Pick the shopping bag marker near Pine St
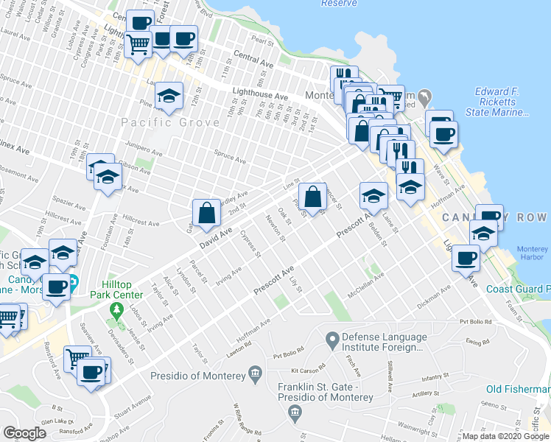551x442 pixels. [313, 196]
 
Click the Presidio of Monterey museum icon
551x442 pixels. [255, 375]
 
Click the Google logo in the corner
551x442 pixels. [24, 433]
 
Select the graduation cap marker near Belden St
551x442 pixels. [373, 195]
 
